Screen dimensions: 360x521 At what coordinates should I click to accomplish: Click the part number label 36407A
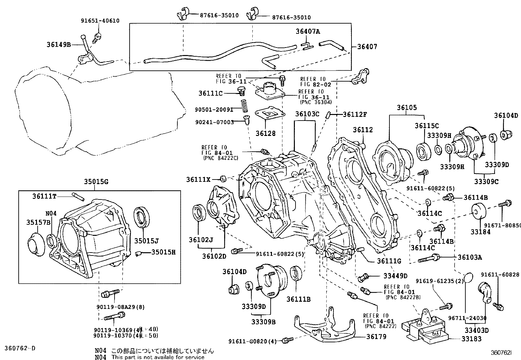click(308, 31)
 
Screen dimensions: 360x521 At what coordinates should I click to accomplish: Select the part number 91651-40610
click(100, 20)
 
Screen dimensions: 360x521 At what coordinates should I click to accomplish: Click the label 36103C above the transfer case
click(307, 114)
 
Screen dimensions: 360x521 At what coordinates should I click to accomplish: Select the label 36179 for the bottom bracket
click(376, 336)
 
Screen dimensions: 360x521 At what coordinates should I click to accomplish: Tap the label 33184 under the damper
click(480, 232)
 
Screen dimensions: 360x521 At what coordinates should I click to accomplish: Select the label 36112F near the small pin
click(355, 114)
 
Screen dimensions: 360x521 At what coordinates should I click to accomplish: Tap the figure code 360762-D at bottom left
click(20, 348)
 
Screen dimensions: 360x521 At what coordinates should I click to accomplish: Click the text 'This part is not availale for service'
click(158, 357)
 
